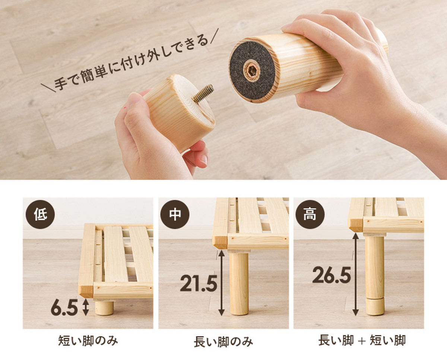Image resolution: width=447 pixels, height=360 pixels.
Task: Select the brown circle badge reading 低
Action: coord(40,214)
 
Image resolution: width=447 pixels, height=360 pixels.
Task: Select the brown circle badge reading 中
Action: coord(175,214)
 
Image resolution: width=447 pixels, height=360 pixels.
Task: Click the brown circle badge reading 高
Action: coord(310,214)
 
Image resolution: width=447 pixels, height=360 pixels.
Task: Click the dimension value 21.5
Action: coord(199,283)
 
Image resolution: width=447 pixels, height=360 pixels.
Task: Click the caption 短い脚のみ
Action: coord(88,341)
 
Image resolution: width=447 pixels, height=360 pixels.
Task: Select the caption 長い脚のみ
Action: coord(223,341)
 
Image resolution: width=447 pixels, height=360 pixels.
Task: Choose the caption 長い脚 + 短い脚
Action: coord(362,341)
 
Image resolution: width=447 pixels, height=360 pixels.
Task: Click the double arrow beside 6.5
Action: coord(86,307)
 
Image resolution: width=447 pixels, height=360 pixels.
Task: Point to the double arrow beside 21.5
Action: coord(221,283)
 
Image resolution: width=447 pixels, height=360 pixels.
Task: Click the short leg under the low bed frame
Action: coord(104,308)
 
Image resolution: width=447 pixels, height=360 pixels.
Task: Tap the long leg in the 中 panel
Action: coord(239,284)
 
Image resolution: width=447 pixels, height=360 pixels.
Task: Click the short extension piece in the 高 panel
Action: coord(375,307)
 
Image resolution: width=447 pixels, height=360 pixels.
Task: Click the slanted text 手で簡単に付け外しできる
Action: coord(130,60)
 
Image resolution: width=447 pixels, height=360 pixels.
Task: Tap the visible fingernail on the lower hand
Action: coord(204,160)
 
